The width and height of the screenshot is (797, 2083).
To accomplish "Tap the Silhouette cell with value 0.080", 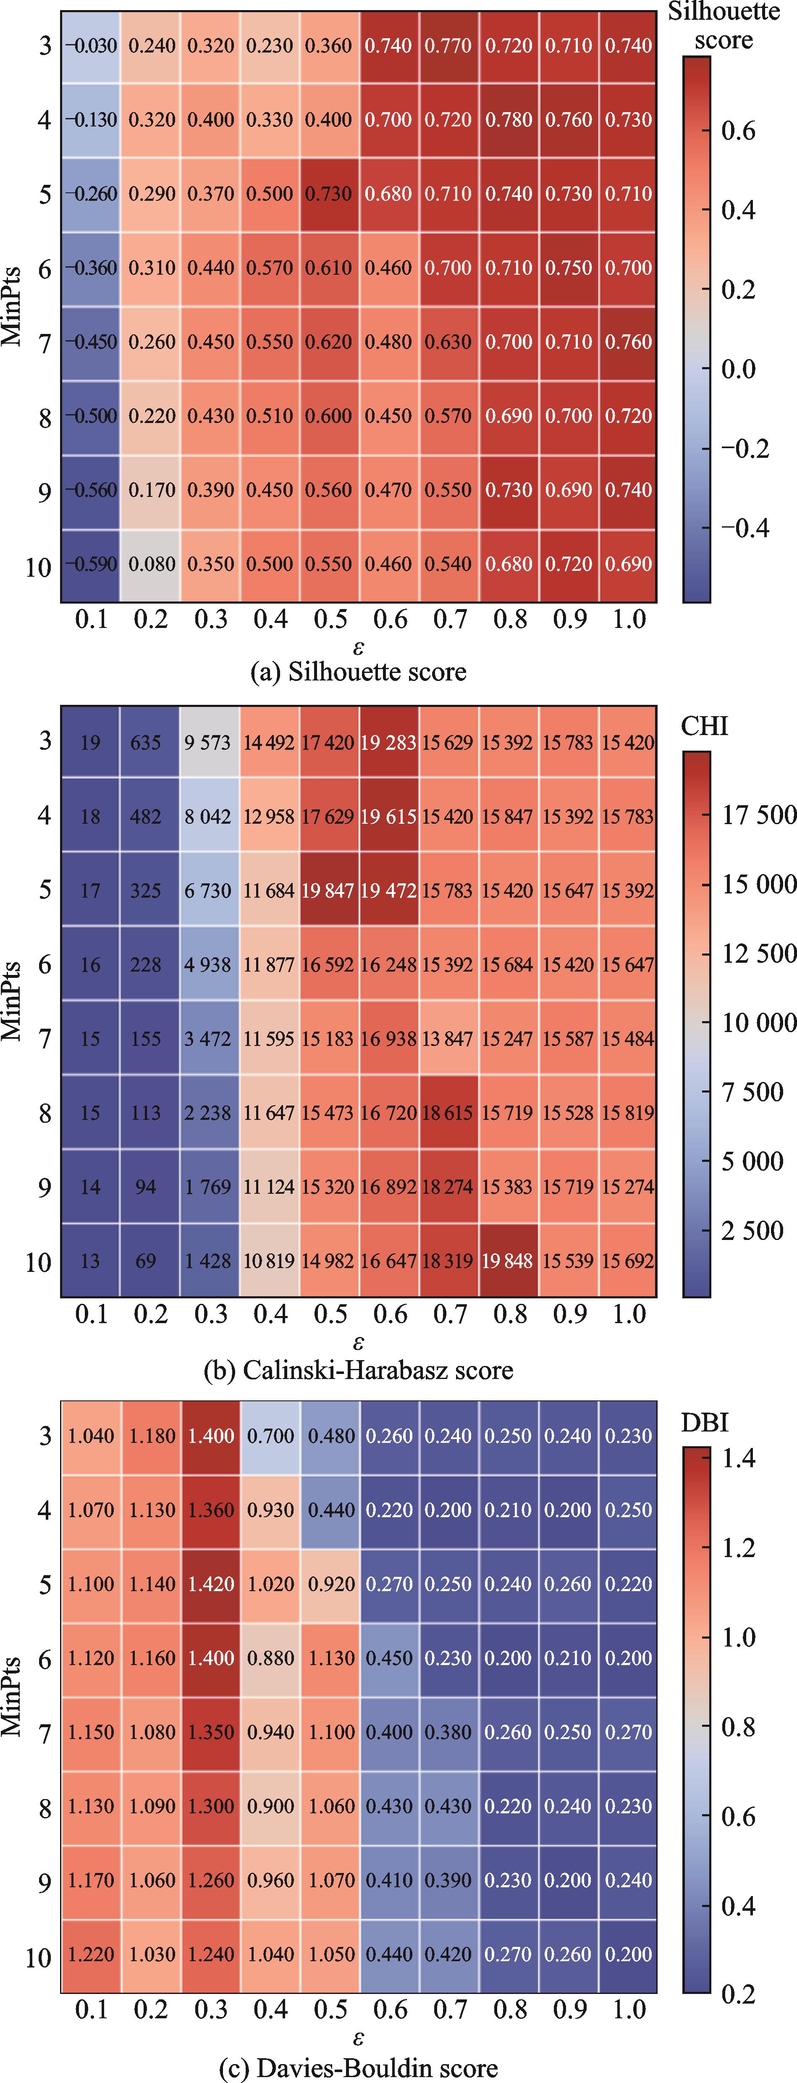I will (x=150, y=564).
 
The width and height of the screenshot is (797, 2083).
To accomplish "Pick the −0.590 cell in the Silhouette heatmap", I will (x=91, y=564).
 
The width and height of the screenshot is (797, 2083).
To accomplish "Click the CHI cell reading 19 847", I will (x=329, y=890).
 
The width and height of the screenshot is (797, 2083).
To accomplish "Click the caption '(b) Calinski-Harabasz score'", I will (x=358, y=1370).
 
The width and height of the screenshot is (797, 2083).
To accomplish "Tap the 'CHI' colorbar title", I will (x=704, y=726).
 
